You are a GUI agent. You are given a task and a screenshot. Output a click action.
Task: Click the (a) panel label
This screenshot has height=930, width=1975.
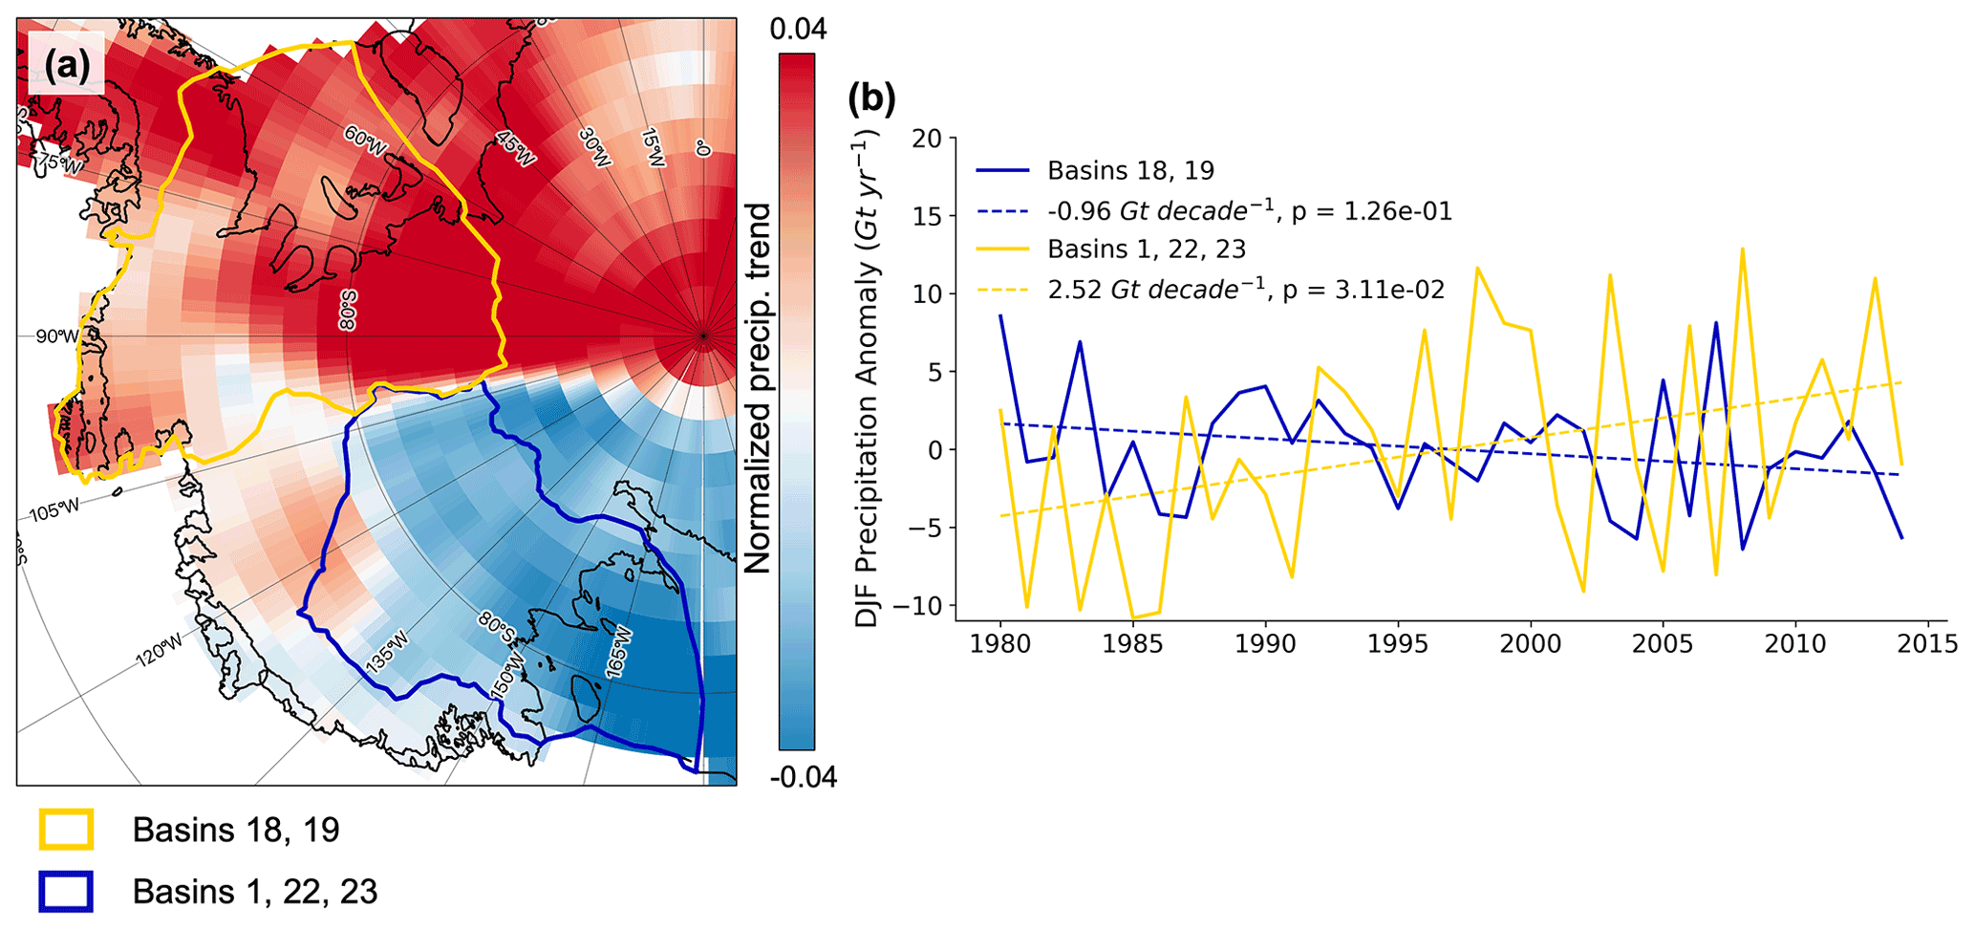pos(67,65)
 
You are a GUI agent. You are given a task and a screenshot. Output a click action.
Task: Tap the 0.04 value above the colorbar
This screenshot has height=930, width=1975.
pos(798,30)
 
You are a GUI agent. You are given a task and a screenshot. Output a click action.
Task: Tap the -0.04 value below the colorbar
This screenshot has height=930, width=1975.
pos(803,777)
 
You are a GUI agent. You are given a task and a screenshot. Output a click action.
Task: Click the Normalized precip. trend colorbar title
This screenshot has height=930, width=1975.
pos(758,388)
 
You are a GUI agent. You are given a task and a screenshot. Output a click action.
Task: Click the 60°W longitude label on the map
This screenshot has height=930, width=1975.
pos(365,141)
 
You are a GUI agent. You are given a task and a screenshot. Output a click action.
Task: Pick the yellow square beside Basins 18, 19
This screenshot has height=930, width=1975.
pos(66,829)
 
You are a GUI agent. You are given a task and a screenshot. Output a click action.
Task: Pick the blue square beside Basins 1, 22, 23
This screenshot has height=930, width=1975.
pos(66,891)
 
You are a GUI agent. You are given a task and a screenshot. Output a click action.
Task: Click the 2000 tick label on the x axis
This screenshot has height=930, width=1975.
pos(1530,643)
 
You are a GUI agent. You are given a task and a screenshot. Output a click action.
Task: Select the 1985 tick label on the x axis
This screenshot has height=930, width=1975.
pos(1133,643)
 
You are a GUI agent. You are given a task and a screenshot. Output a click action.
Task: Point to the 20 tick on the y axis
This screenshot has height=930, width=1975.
pos(927,139)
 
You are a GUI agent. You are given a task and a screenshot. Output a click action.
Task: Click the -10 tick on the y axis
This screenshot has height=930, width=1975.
pos(919,606)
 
